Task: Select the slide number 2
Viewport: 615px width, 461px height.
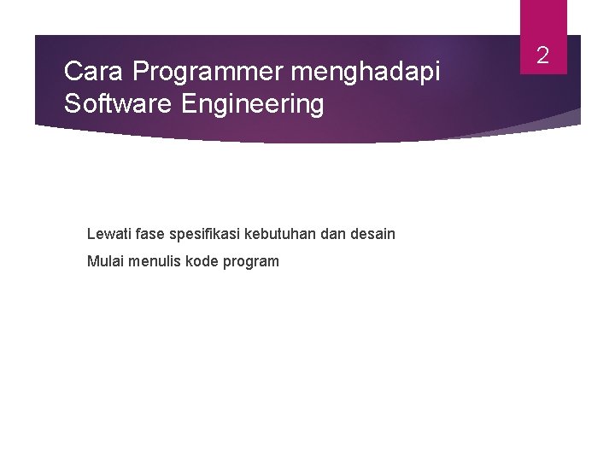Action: [542, 56]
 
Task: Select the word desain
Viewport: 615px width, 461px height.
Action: [372, 233]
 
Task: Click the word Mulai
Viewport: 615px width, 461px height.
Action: [104, 261]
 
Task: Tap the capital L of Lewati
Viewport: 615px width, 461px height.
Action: [91, 233]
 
